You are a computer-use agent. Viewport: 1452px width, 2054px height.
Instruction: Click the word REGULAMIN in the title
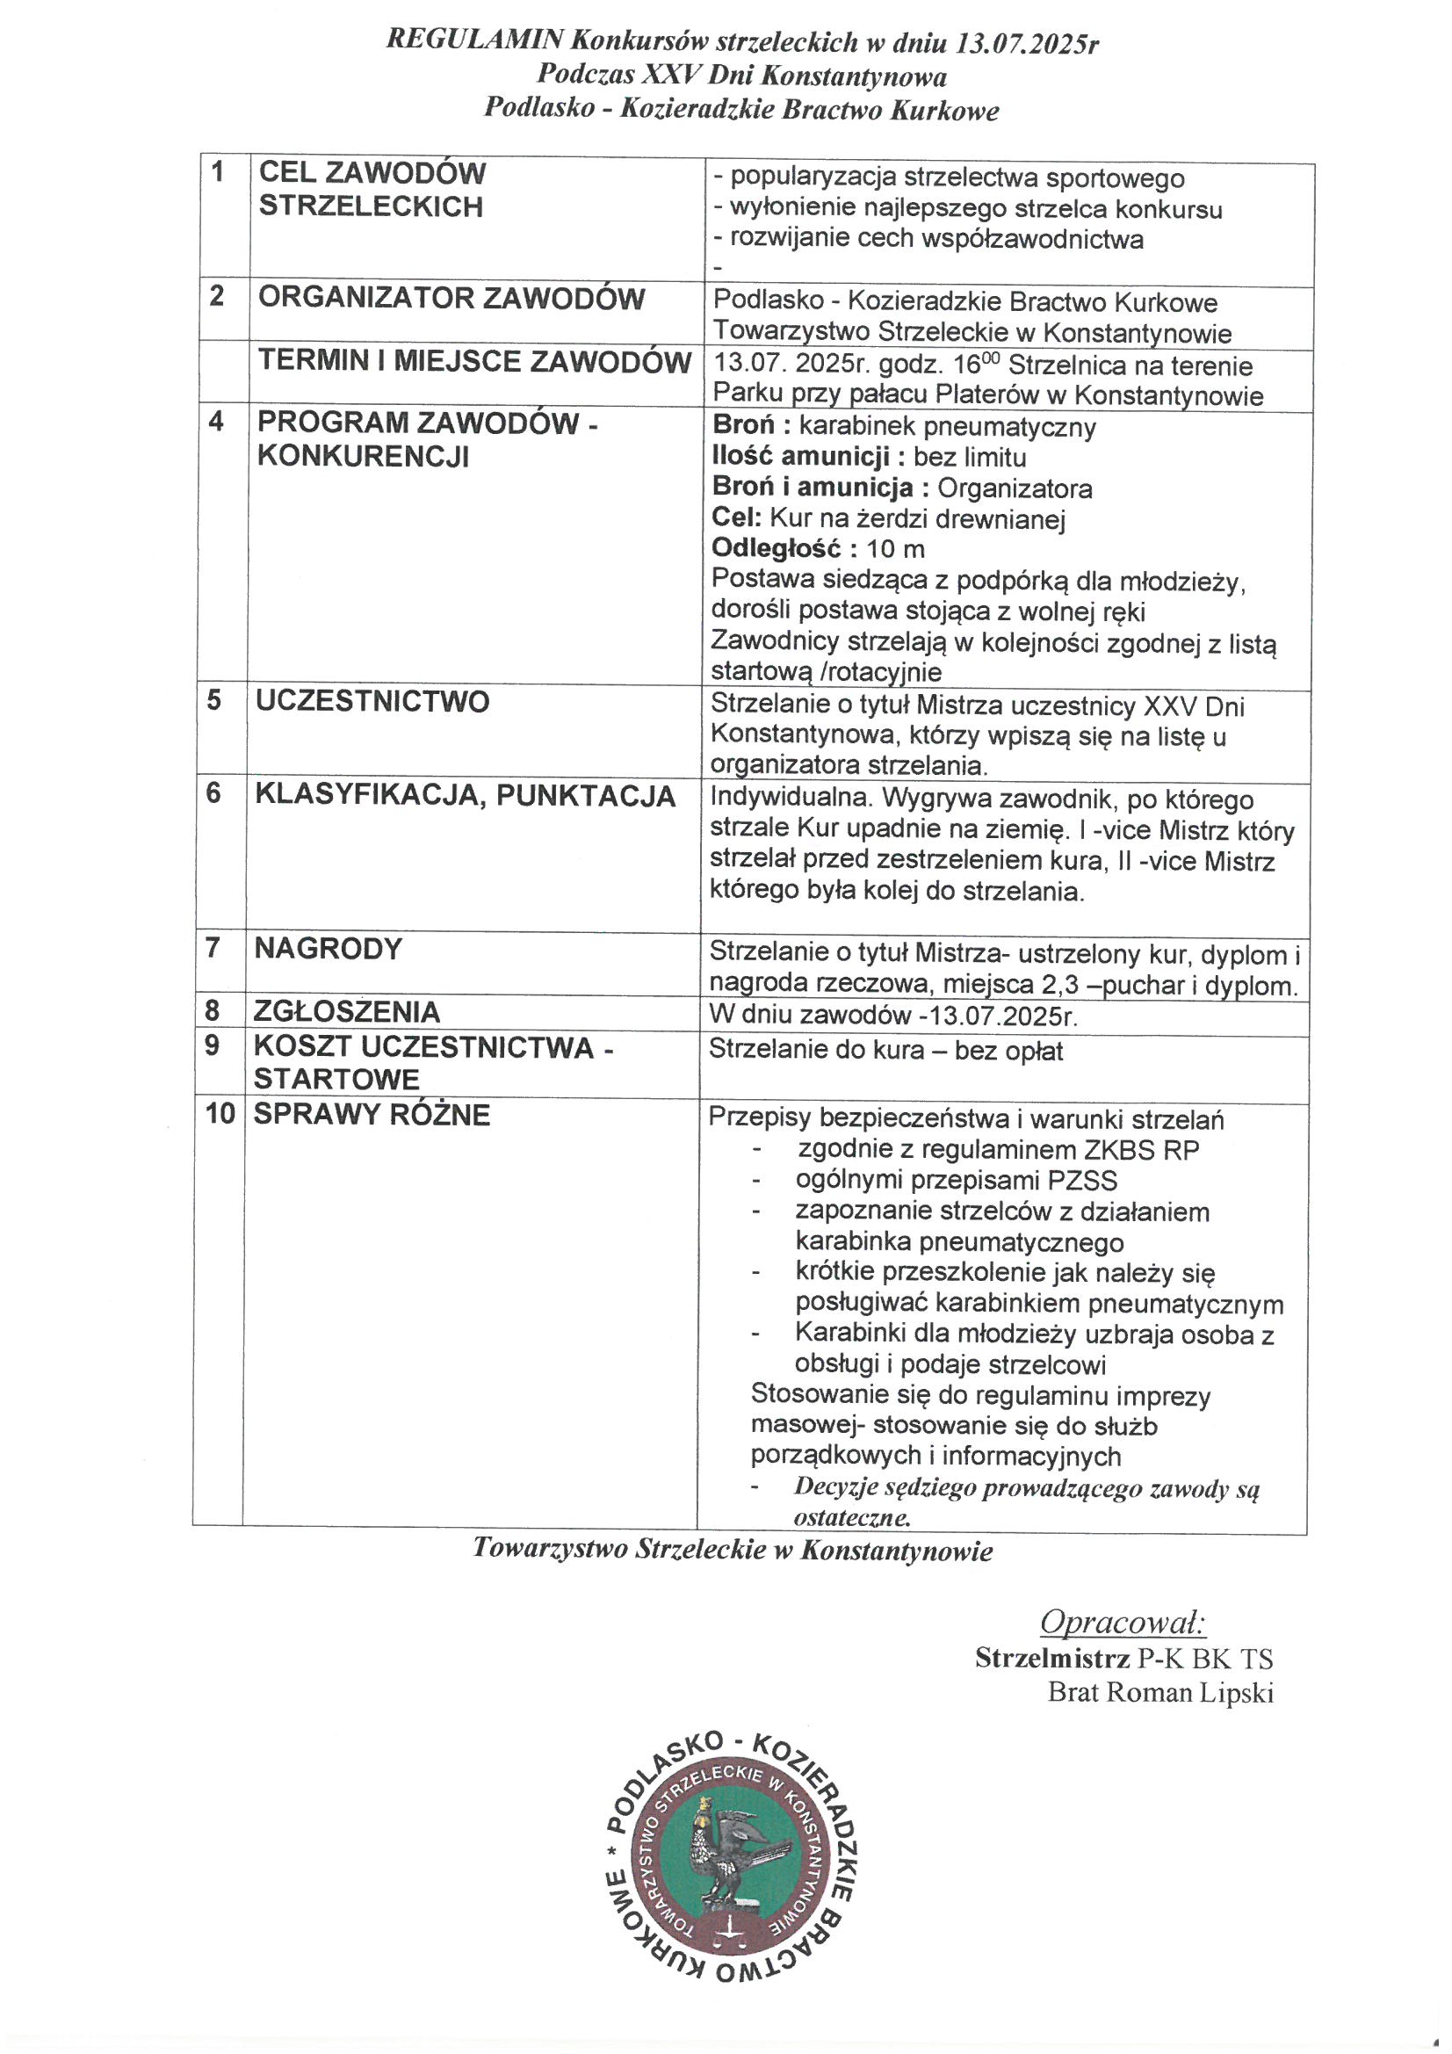point(474,40)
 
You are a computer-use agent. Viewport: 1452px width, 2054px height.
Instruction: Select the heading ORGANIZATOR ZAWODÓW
point(451,298)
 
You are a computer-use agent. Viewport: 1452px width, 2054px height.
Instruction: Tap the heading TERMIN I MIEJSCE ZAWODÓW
point(474,361)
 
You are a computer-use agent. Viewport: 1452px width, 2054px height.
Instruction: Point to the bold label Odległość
point(777,548)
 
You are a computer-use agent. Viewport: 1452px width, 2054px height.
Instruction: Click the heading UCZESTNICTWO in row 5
point(372,701)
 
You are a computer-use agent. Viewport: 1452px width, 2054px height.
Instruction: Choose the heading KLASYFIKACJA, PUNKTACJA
point(465,795)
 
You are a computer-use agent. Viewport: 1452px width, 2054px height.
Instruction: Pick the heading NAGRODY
point(328,948)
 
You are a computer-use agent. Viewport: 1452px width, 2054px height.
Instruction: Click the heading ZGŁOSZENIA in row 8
point(346,1012)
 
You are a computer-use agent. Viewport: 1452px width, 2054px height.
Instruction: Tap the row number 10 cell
point(220,1114)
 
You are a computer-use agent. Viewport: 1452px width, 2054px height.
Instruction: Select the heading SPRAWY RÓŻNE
point(372,1115)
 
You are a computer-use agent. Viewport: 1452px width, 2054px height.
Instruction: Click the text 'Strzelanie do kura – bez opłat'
point(885,1049)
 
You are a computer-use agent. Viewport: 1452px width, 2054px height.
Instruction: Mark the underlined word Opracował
point(1123,1623)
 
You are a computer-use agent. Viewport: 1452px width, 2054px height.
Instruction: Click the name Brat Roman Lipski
point(1160,1693)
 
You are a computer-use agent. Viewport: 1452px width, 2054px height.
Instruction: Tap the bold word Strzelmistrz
point(1052,1659)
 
